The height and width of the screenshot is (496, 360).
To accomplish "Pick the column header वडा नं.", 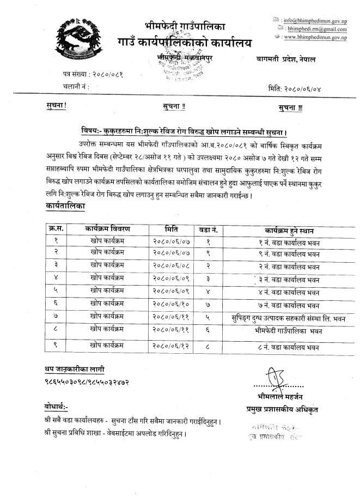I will tap(209, 229).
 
